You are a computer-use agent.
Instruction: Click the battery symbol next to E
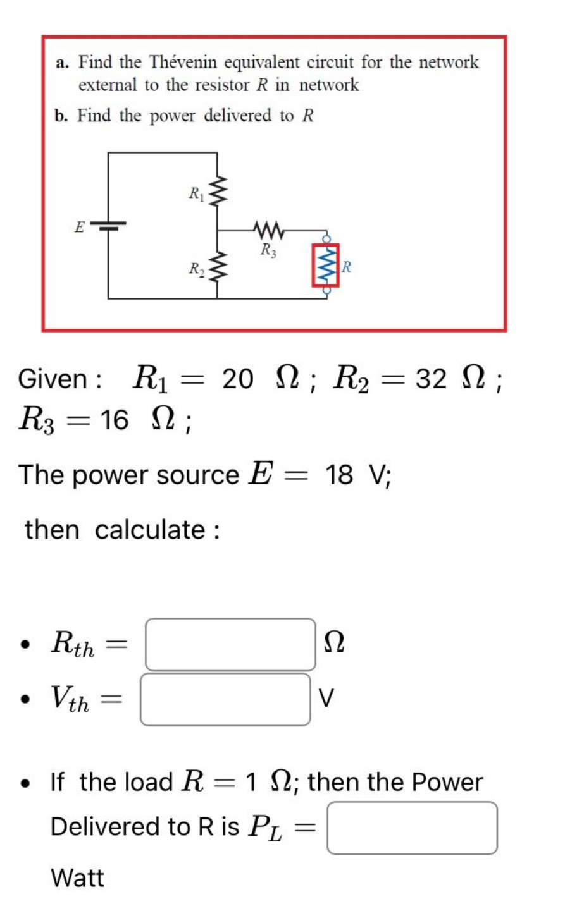click(108, 225)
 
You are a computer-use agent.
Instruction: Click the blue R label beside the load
click(347, 267)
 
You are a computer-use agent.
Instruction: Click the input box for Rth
click(230, 644)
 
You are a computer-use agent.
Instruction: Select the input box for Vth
click(225, 699)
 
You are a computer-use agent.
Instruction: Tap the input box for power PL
click(412, 828)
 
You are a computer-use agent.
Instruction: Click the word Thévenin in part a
click(185, 63)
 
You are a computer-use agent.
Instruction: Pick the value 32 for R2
click(431, 379)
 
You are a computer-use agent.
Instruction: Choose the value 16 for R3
click(114, 419)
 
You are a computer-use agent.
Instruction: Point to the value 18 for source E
click(340, 474)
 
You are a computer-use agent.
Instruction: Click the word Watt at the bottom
click(77, 877)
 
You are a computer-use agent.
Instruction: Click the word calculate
click(150, 530)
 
